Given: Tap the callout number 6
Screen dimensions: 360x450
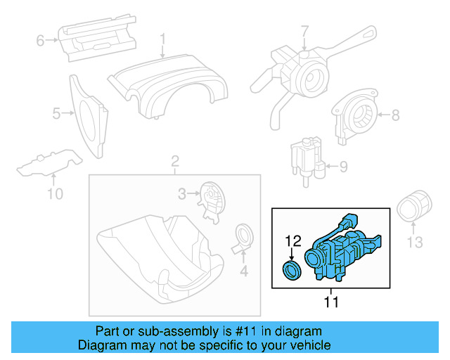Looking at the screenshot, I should [40, 41].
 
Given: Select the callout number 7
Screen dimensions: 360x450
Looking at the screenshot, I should [304, 32].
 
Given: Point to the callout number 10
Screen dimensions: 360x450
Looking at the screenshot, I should [54, 193].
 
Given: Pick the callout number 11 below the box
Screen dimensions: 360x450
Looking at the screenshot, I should [330, 302].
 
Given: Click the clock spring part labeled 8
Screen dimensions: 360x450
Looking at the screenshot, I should [358, 115].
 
